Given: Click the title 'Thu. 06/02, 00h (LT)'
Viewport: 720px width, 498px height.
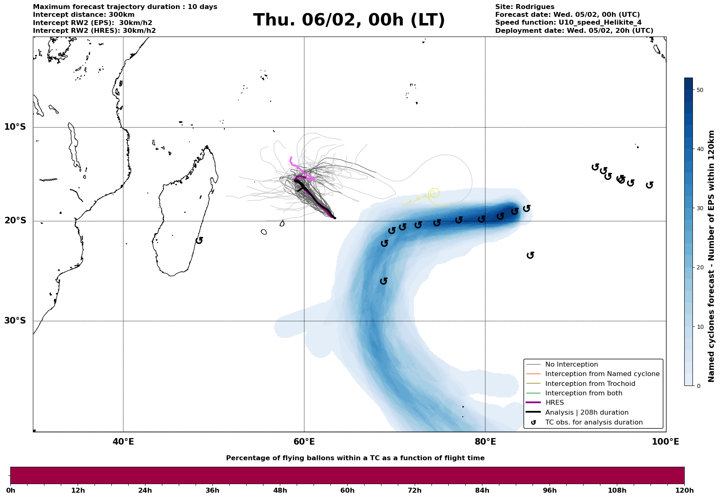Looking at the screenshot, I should point(349,20).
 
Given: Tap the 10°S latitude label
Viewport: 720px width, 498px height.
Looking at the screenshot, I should point(15,127).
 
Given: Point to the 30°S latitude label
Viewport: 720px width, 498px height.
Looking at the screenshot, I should point(15,321).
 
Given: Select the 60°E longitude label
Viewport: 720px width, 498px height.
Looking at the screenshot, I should point(304,442).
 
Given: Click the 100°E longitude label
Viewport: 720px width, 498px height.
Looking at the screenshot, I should point(665,442).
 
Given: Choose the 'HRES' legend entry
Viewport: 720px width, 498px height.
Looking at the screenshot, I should point(554,403).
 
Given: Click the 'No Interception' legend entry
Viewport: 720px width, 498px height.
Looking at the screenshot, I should point(571,365).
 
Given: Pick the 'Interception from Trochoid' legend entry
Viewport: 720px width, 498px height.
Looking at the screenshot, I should point(590,384).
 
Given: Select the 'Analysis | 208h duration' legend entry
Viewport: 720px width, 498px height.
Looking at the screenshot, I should point(586,413).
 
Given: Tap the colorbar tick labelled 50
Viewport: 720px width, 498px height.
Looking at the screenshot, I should point(700,90).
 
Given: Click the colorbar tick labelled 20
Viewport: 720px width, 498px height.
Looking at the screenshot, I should point(700,268).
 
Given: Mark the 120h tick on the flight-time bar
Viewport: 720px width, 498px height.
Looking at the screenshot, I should point(684,491).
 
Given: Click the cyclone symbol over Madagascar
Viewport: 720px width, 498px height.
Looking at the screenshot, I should point(199,240).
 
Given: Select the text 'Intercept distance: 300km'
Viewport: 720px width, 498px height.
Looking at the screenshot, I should point(83,15).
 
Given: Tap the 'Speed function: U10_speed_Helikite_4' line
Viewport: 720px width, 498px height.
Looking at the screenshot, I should point(568,23).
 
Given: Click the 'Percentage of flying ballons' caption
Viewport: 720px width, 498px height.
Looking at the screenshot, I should point(355,458).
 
